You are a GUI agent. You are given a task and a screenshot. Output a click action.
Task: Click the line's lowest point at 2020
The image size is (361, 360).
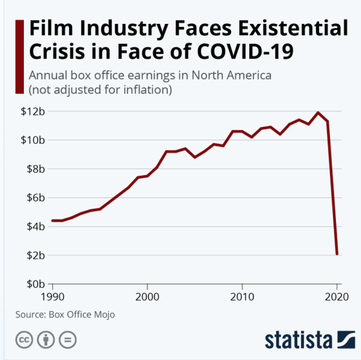337,253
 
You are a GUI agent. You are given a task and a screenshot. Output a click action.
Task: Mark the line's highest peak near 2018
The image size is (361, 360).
318,113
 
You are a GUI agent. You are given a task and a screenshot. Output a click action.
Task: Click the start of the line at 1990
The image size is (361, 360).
53,220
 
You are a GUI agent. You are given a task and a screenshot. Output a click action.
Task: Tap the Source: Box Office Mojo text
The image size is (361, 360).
65,314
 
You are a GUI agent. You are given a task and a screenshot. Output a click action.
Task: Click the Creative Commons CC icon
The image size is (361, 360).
24,339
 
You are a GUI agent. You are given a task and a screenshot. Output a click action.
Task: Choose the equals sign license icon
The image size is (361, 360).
67,339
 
